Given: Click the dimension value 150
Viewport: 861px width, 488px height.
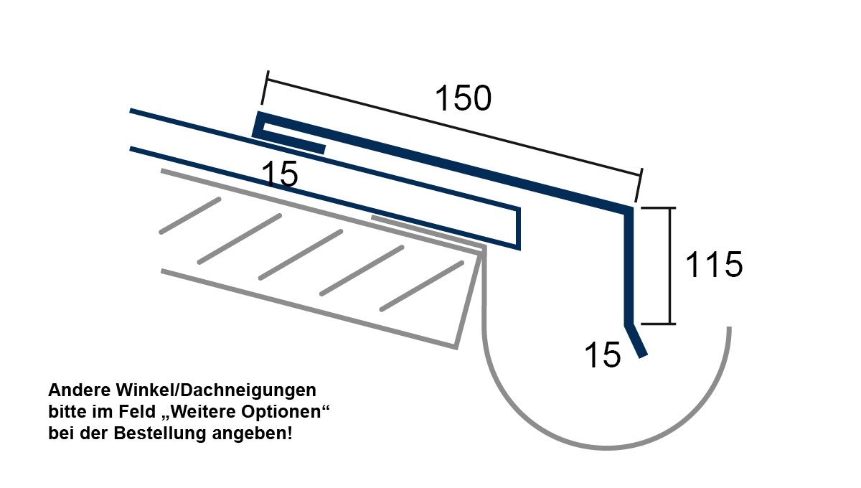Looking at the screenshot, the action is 464,98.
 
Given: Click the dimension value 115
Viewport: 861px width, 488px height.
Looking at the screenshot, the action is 714,264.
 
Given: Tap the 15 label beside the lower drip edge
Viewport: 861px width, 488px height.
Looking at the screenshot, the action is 602,355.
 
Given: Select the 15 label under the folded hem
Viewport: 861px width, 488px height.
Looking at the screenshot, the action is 279,174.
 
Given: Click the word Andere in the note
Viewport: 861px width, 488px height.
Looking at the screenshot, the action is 80,390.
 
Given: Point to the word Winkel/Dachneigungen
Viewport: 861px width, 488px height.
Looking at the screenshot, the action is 216,390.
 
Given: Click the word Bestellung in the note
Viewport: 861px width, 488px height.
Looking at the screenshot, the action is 160,433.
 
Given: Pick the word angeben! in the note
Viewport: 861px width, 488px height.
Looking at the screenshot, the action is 253,434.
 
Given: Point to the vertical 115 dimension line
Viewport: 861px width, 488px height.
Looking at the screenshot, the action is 670,266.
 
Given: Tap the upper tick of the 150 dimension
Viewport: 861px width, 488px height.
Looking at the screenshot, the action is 265,88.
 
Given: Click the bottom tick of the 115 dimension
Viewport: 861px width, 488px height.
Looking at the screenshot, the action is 658,324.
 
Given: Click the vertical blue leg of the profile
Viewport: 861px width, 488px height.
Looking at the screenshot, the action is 629,266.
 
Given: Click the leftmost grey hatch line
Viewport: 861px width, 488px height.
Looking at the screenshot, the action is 190,216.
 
